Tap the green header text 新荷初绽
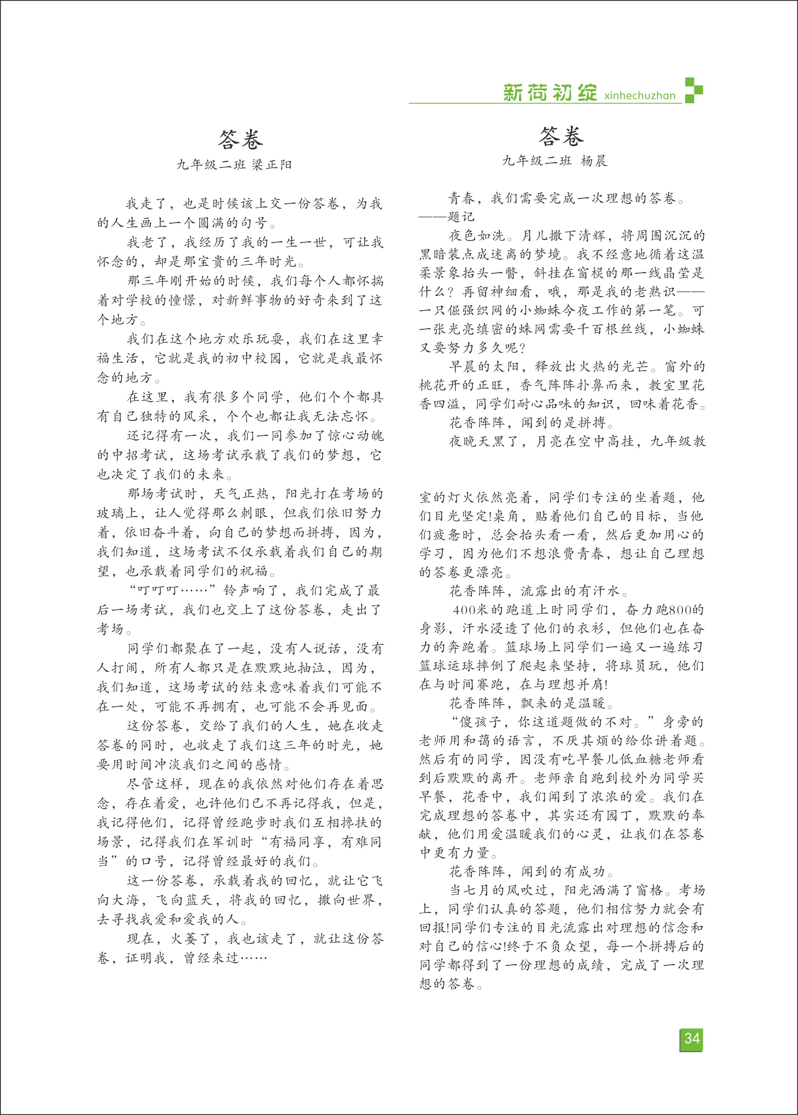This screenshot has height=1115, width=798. point(550,93)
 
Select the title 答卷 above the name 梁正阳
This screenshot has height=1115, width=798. point(240,139)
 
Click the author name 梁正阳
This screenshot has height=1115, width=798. point(272,165)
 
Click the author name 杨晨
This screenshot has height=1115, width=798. point(594,161)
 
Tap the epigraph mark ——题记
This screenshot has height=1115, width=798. point(447,217)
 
